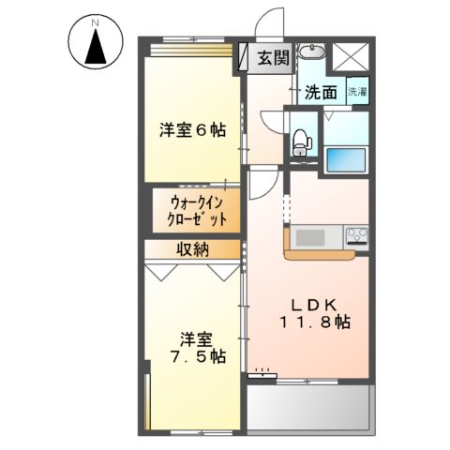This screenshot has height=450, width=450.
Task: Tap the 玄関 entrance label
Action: pyautogui.click(x=273, y=58)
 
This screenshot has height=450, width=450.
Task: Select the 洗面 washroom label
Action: pyautogui.click(x=320, y=92)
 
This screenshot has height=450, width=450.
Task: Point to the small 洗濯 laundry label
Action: pyautogui.click(x=358, y=92)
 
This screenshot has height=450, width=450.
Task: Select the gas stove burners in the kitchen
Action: pyautogui.click(x=357, y=233)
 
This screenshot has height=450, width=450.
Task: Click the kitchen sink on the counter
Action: pyautogui.click(x=309, y=234)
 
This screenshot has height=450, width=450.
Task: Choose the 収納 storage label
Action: pyautogui.click(x=195, y=249)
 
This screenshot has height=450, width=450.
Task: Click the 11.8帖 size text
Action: pyautogui.click(x=313, y=323)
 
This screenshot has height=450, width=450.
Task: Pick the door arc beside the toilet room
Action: pyautogui.click(x=273, y=121)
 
